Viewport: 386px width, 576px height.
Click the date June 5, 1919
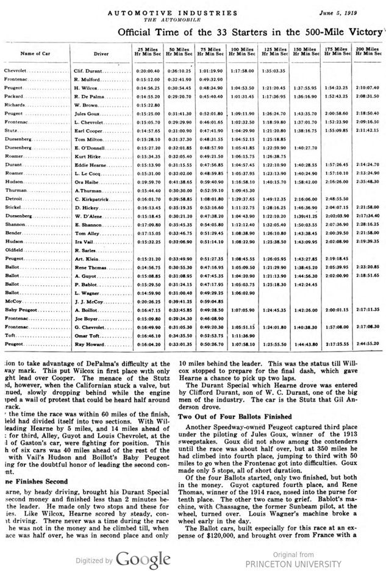click(357, 12)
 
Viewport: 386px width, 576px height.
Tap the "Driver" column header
click(101, 54)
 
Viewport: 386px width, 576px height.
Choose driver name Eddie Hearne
click(91, 165)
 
